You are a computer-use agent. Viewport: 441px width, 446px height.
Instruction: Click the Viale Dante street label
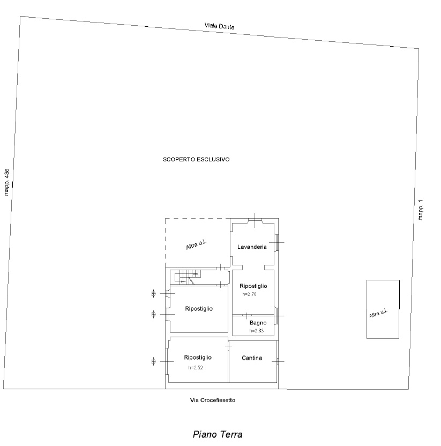(220, 26)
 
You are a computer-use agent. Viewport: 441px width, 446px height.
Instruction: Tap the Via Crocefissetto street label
(213, 400)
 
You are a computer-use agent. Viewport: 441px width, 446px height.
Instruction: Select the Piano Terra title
(218, 434)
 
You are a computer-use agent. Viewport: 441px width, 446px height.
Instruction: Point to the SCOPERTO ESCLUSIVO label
(196, 160)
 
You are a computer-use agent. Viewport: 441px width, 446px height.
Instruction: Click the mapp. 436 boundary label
(6, 182)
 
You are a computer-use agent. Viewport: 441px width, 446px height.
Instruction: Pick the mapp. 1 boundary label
(421, 210)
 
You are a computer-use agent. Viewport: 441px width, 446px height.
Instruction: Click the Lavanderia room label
(252, 247)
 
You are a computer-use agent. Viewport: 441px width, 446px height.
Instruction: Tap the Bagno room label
(258, 323)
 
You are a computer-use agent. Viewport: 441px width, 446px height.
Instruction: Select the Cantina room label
(252, 358)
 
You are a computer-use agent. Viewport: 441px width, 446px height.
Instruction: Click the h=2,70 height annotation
(249, 294)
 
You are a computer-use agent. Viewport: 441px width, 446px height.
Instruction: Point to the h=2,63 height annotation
(257, 331)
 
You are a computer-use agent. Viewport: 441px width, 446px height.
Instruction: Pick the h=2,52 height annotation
(196, 368)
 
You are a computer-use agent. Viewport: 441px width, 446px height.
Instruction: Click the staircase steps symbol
(188, 277)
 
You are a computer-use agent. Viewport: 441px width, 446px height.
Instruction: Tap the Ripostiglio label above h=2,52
(198, 358)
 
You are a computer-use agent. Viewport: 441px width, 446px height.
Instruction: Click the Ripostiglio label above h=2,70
(253, 286)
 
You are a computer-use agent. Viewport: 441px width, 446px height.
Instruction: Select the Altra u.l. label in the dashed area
(196, 244)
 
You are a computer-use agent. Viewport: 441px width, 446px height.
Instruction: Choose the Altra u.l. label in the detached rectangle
(378, 313)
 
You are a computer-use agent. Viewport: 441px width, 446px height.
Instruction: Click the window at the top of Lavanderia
(255, 220)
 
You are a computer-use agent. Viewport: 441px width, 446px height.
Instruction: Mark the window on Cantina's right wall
(278, 361)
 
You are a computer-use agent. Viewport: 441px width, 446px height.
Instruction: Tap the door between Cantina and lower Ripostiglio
(228, 346)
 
